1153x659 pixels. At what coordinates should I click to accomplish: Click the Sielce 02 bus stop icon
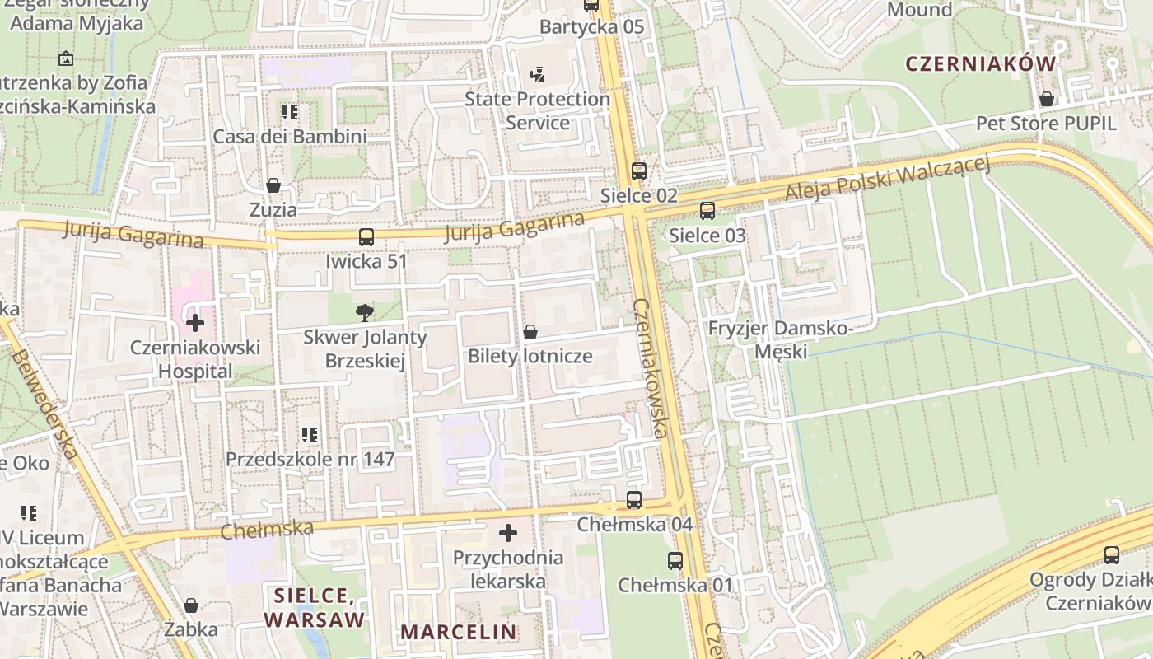639,171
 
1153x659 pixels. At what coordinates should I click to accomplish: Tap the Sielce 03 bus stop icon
707,211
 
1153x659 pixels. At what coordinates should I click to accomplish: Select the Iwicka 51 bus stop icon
366,237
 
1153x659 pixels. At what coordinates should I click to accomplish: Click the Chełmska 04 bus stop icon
633,499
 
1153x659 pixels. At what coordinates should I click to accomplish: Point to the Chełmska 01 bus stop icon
675,561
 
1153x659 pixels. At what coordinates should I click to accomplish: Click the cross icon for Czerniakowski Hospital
195,322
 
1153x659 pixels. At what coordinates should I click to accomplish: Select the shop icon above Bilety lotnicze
530,332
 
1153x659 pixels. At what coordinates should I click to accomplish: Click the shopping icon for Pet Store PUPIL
1046,99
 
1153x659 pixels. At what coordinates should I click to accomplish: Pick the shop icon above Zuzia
273,185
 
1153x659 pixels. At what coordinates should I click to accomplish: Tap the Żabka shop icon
191,605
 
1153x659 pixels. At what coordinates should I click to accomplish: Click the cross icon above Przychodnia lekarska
508,533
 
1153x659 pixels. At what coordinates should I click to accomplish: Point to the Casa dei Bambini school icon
289,111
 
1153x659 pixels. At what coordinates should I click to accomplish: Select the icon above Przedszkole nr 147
310,434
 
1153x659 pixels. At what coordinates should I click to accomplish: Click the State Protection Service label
537,111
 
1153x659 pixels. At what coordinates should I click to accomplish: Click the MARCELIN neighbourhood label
459,632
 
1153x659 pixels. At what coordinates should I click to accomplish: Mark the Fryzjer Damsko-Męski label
780,340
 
